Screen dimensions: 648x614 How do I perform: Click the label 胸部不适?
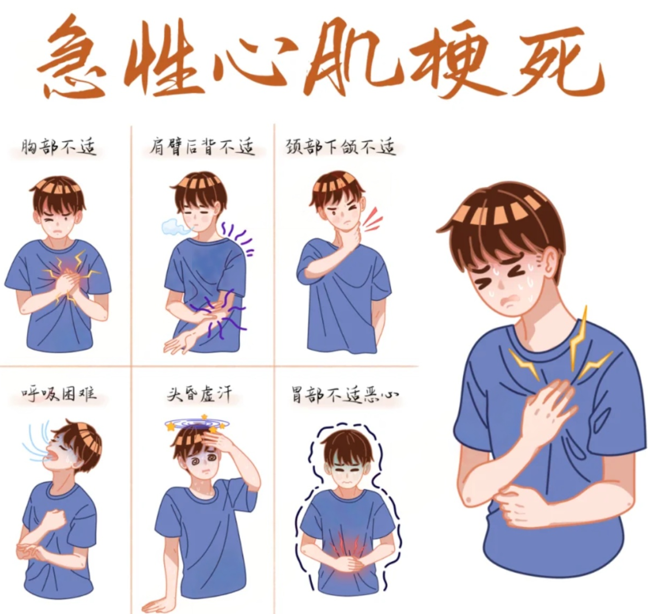(x=59, y=147)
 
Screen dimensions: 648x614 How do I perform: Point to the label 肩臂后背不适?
(x=202, y=147)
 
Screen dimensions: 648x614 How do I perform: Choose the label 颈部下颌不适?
(x=340, y=147)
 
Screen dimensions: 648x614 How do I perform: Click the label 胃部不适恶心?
(x=345, y=394)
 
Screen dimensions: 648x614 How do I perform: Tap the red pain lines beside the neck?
(x=372, y=219)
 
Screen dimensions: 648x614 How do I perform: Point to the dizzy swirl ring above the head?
(x=198, y=423)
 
